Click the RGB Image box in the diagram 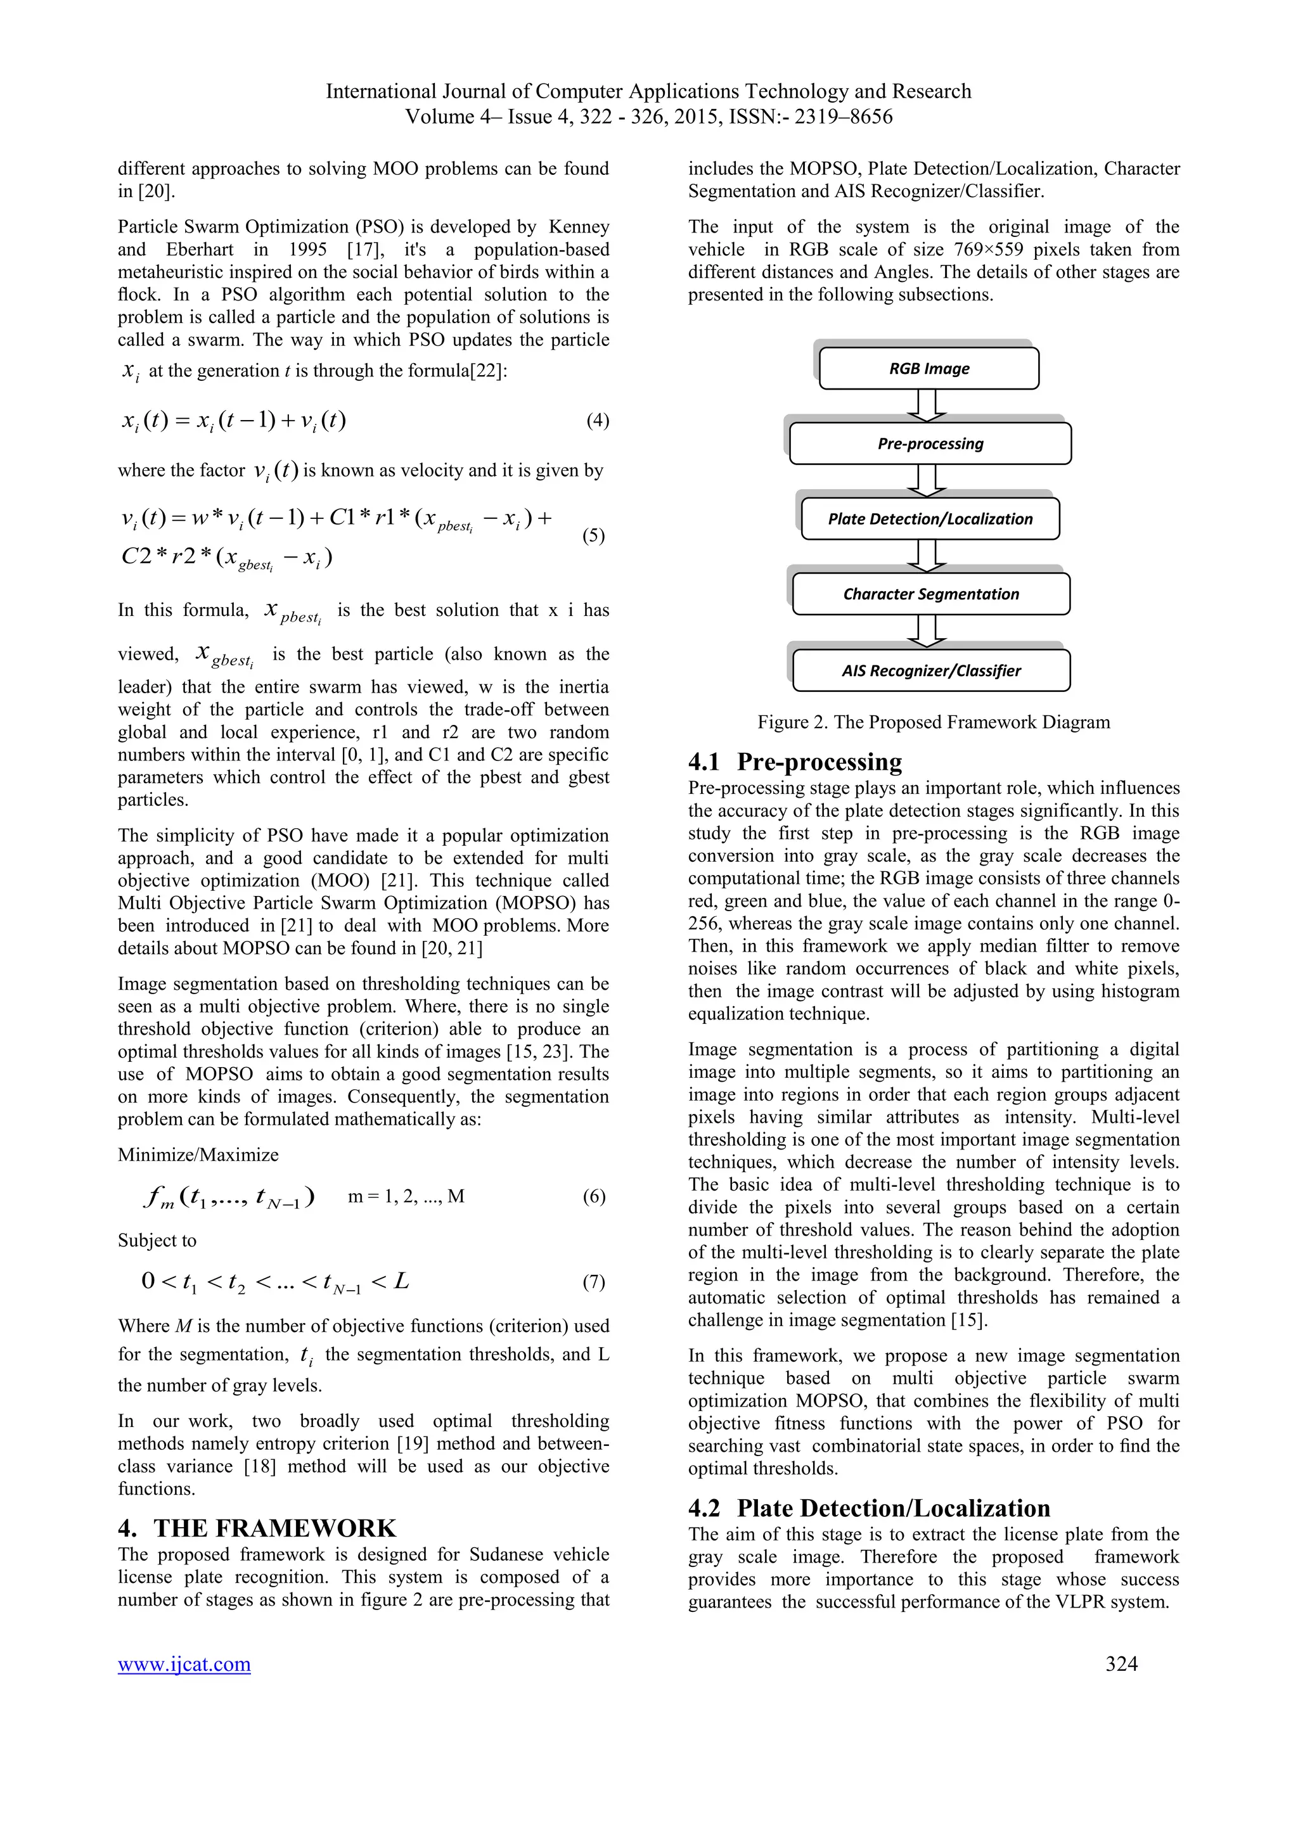click(x=929, y=368)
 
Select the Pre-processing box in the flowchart click(x=930, y=444)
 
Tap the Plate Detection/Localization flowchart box click(x=930, y=519)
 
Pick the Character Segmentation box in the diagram click(x=930, y=594)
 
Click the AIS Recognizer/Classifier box click(x=930, y=670)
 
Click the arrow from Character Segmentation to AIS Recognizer click(x=927, y=630)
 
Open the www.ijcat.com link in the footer click(x=184, y=1664)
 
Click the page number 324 click(x=1121, y=1663)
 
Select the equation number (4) click(x=597, y=420)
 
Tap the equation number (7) click(x=593, y=1282)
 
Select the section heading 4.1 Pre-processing click(x=795, y=761)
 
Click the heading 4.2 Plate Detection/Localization click(x=869, y=1507)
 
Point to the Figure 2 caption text click(x=934, y=722)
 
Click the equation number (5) click(x=593, y=535)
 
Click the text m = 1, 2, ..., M click(x=406, y=1196)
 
